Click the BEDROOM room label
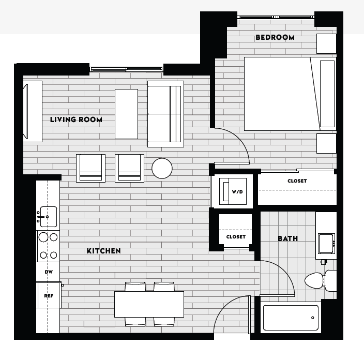pos(275,37)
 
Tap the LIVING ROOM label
pos(76,119)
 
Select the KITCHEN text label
pos(103,251)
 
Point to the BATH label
pos(287,238)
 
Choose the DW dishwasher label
pos(49,272)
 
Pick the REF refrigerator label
pos(49,296)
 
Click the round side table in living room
pos(162,168)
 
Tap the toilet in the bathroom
pos(318,281)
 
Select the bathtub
pos(291,317)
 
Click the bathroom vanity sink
pos(326,243)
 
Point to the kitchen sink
pos(48,216)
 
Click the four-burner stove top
pos(48,246)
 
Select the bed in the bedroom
pos(290,94)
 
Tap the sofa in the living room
pos(165,113)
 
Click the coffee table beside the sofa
pos(126,114)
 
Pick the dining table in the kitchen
pos(149,304)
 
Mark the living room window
pos(127,69)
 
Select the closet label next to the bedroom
pos(297,181)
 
